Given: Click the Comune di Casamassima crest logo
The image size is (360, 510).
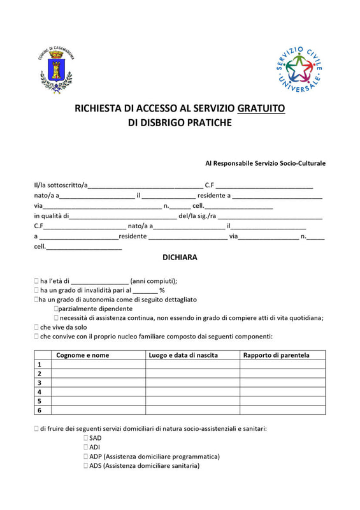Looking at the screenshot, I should click(57, 72).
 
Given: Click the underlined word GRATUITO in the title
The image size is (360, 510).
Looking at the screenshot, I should click(261, 108).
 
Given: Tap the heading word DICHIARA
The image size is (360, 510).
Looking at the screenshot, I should click(180, 258).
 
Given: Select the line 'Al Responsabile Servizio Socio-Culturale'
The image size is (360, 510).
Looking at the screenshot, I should click(265, 163).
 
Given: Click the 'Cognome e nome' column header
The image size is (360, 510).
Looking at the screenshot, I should click(83, 355).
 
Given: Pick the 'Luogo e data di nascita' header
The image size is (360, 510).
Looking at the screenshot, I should click(184, 355).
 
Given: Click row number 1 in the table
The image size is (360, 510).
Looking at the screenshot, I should click(39, 365).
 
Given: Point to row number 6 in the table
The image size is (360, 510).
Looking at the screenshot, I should click(39, 411).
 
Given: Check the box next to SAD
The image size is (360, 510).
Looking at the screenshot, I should click(85, 439).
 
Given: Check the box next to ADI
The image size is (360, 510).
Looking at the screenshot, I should click(85, 448).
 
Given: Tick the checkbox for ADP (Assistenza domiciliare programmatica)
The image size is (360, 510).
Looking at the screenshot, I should click(85, 457).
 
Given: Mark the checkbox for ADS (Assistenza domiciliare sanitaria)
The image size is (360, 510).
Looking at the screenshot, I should click(85, 466).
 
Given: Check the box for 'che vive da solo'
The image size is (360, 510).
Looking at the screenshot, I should click(37, 327).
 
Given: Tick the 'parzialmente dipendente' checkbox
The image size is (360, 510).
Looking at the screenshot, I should click(57, 309).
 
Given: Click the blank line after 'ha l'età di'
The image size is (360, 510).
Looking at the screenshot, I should click(99, 281).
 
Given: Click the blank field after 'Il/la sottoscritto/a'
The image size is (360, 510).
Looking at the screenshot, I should click(145, 186).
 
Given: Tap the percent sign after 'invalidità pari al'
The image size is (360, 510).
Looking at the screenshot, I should click(162, 290).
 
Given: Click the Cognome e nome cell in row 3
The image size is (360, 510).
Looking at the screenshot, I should click(98, 382).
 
